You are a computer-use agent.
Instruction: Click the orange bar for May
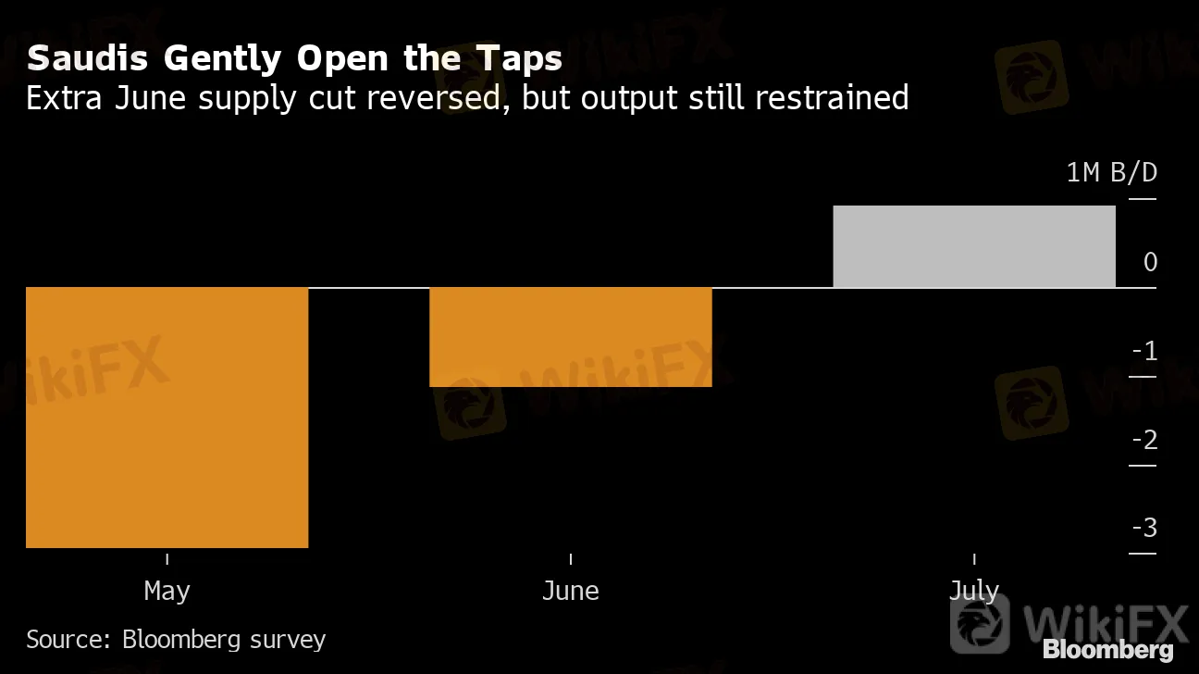click(x=167, y=417)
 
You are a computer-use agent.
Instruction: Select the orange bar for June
click(x=571, y=336)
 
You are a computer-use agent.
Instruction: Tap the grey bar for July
click(x=974, y=246)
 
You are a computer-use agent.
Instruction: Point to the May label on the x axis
click(x=167, y=591)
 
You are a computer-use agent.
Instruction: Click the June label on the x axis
click(x=571, y=591)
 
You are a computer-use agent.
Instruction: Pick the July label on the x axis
click(x=974, y=591)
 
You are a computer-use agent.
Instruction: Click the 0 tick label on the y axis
click(x=1150, y=262)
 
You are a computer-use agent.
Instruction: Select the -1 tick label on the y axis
click(x=1144, y=351)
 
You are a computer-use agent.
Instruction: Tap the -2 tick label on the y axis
click(x=1144, y=439)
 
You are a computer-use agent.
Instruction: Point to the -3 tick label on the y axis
click(x=1144, y=528)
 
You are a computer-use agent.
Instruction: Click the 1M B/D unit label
click(x=1112, y=173)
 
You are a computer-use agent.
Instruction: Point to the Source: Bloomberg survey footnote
click(x=176, y=639)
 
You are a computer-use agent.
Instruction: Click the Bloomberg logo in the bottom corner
click(x=1107, y=649)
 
